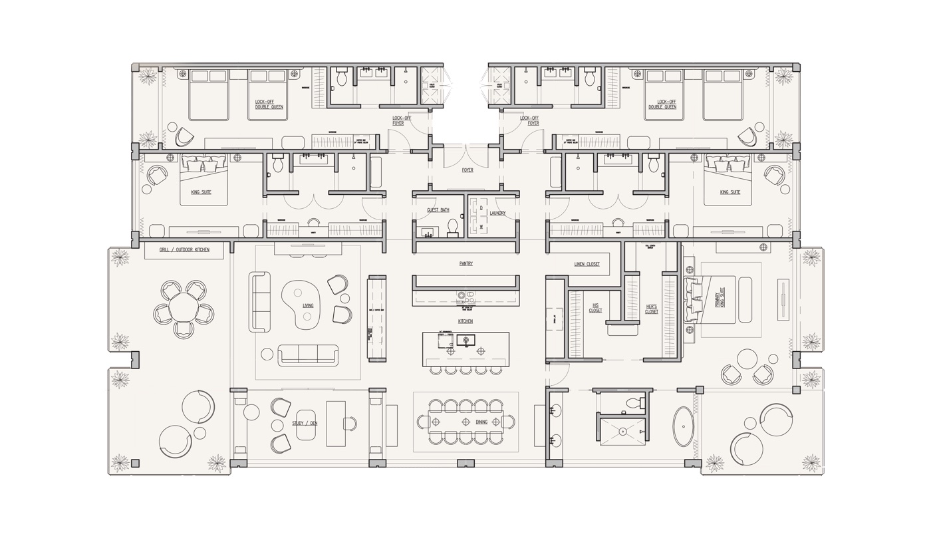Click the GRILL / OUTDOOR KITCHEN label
(184, 249)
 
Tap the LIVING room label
(308, 306)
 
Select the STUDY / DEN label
(305, 423)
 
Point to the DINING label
(481, 422)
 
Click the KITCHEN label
(465, 321)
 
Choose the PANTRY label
(465, 263)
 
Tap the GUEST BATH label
(438, 210)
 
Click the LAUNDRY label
(497, 213)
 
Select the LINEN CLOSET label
(587, 264)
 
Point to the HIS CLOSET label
(595, 308)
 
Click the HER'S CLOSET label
(652, 309)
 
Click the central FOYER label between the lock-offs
(467, 170)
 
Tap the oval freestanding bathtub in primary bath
(683, 426)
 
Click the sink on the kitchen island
(465, 341)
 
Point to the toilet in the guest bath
(453, 228)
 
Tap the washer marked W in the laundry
(480, 226)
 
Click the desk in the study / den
(336, 424)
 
